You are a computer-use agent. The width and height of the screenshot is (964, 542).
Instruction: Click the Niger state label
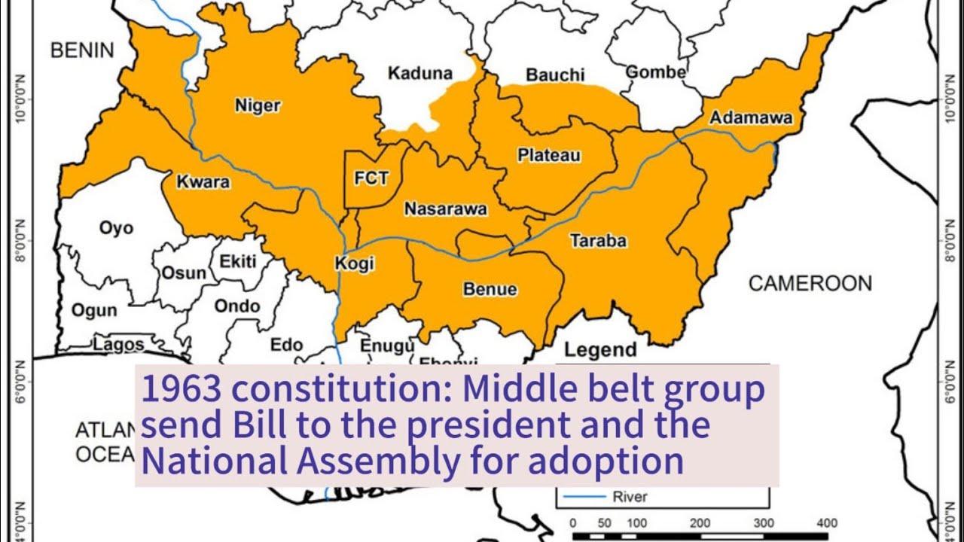click(258, 105)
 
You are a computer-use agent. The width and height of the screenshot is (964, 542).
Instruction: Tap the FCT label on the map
click(371, 178)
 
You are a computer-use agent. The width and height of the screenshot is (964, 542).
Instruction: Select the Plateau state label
click(549, 156)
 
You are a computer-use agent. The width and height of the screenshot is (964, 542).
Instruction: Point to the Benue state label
click(490, 289)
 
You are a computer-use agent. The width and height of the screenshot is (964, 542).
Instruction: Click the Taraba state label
click(598, 241)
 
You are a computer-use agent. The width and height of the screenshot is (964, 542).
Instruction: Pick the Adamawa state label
click(751, 118)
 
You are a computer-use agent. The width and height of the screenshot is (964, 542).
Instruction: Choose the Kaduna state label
click(420, 73)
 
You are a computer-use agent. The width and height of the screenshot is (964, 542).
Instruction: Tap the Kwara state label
click(203, 182)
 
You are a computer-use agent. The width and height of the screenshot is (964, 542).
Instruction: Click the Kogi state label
click(354, 264)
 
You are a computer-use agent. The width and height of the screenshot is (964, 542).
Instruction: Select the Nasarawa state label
click(446, 209)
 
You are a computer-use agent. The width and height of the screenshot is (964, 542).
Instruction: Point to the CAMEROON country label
click(810, 284)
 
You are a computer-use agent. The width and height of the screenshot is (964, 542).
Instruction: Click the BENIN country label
click(82, 50)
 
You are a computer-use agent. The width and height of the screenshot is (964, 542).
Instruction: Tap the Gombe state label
click(656, 72)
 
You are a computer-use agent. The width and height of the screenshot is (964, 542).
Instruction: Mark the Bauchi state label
click(555, 75)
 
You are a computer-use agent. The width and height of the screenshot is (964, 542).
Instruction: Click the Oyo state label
click(116, 227)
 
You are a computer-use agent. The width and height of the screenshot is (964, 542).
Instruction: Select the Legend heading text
click(600, 350)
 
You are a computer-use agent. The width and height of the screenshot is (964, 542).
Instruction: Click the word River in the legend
click(630, 497)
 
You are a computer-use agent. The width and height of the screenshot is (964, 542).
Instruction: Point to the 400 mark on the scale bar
click(826, 523)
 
